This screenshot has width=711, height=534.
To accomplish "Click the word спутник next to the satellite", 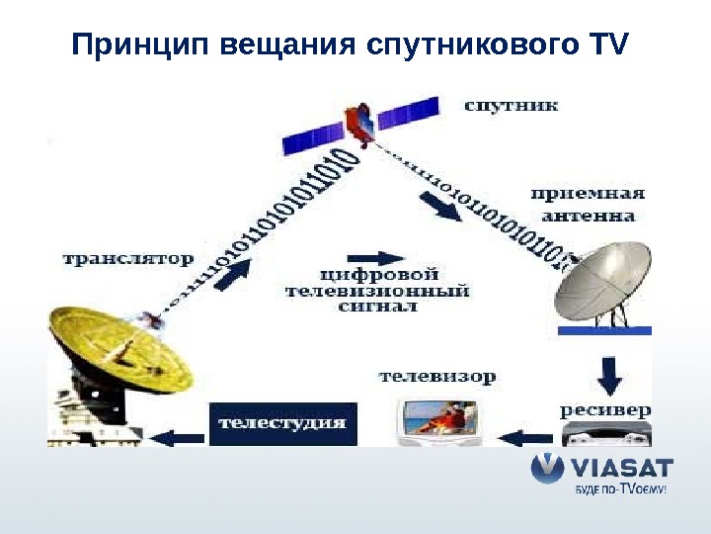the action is pyautogui.click(x=512, y=104).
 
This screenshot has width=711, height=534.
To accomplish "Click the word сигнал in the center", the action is pyautogui.click(x=378, y=307).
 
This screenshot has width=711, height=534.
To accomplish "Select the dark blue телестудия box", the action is pyautogui.click(x=281, y=423).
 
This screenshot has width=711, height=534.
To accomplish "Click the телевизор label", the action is pyautogui.click(x=437, y=377).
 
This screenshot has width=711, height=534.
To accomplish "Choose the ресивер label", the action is pyautogui.click(x=605, y=409).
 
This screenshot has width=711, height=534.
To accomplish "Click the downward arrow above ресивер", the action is pyautogui.click(x=610, y=374).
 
